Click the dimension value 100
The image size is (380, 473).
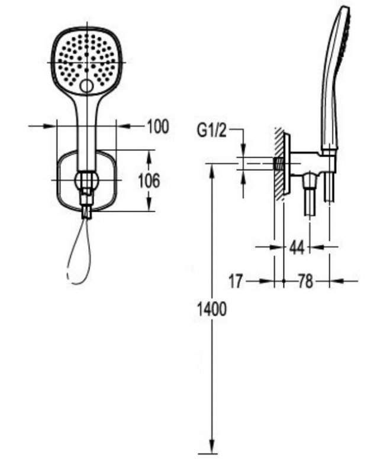tap(158, 127)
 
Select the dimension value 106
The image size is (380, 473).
tap(149, 181)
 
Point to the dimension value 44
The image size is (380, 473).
tap(297, 247)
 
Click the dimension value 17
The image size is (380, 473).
tap(236, 281)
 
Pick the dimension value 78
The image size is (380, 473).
tap(305, 281)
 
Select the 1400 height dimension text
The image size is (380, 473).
tap(211, 309)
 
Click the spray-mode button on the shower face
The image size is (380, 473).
tap(86, 86)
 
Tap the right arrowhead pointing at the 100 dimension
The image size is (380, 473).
tap(123, 126)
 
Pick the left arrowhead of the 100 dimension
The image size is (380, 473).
tap(50, 126)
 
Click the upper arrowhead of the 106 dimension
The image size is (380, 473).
tap(149, 156)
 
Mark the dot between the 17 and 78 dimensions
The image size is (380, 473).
tap(284, 281)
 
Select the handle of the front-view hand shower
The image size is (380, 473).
tap(87, 132)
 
